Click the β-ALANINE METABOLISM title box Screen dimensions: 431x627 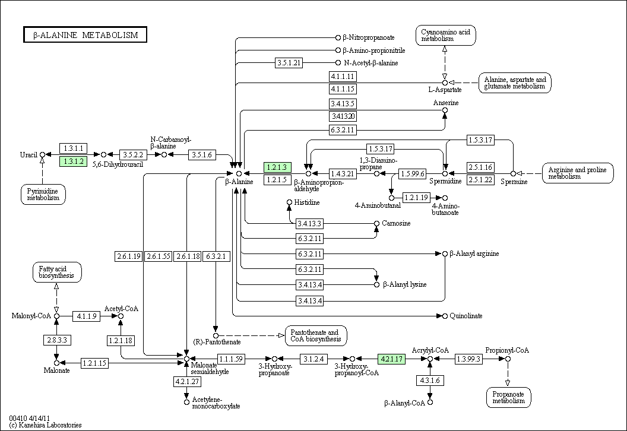[x=85, y=35]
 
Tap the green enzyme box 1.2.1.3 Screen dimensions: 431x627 [x=277, y=167]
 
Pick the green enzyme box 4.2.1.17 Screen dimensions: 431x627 [x=392, y=359]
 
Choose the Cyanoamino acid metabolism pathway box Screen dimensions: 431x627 [x=445, y=35]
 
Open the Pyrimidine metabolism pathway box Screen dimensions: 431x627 [x=43, y=194]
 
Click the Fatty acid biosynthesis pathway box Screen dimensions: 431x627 [x=56, y=272]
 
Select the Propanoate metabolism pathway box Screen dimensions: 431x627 [x=508, y=397]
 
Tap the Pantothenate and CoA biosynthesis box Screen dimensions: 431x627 [x=316, y=335]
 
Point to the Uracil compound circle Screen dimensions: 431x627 [x=42, y=154]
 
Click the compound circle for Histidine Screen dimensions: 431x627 [x=289, y=202]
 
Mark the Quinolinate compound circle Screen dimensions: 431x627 [x=444, y=316]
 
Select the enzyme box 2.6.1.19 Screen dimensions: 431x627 [x=128, y=256]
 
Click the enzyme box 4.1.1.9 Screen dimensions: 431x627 [x=86, y=316]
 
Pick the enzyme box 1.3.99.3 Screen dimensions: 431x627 [x=468, y=359]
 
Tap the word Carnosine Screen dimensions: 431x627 [x=397, y=223]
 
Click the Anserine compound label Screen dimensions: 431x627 [x=445, y=103]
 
